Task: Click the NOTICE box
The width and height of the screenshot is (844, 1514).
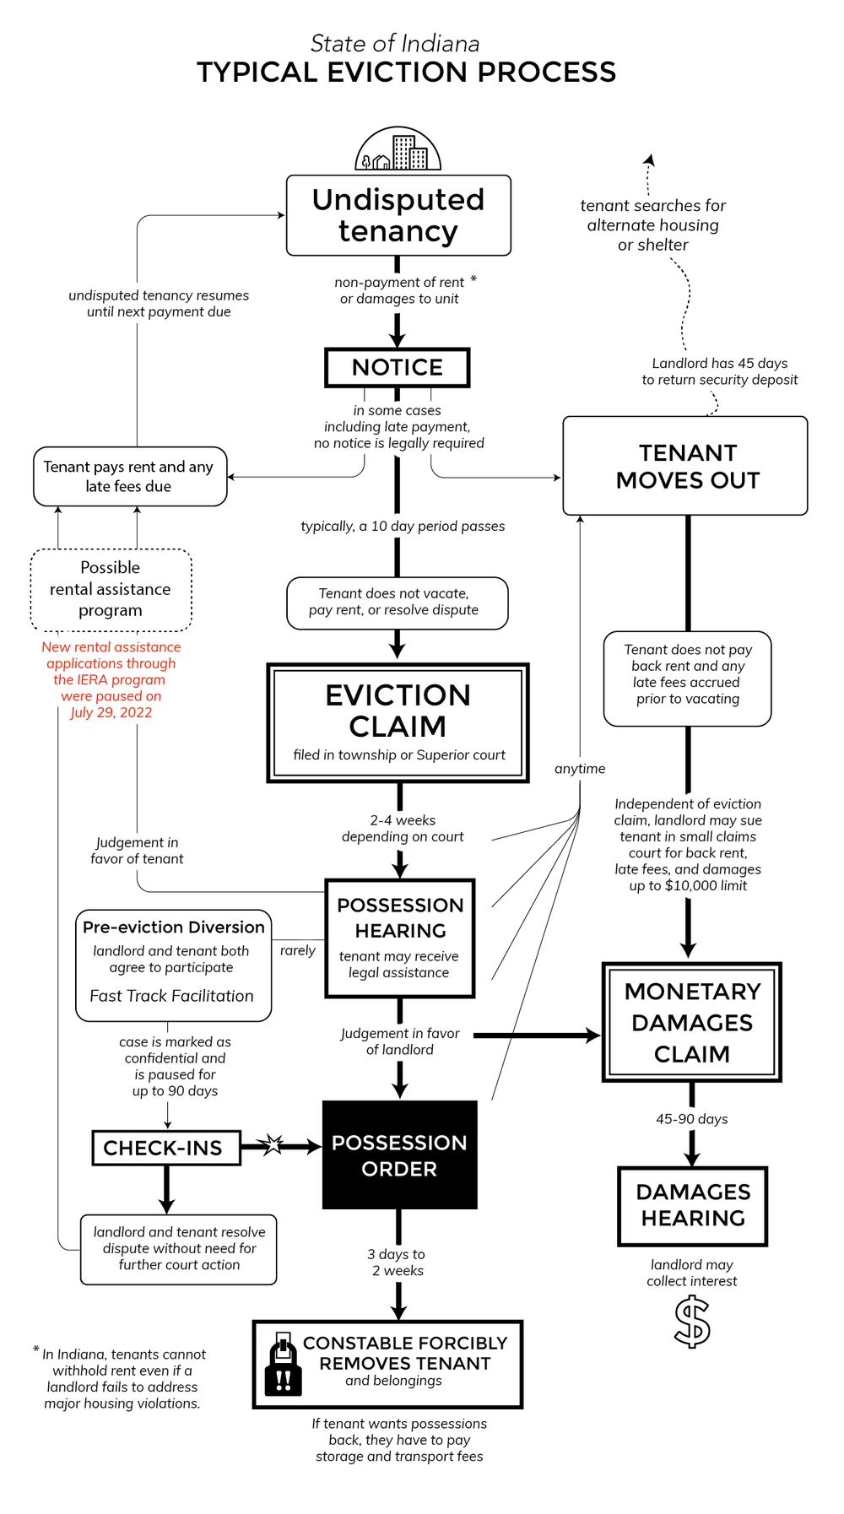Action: coord(397,367)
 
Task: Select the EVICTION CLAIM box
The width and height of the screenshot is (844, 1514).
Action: coord(398,722)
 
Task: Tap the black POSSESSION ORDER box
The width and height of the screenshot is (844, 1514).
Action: coord(399,1154)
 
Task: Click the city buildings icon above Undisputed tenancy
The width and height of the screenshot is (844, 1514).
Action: coord(398,150)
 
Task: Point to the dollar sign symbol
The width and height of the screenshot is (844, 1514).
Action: coord(692,1322)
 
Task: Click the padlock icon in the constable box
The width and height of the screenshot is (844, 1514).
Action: coord(284,1364)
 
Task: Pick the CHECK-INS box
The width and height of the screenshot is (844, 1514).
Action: coord(166,1148)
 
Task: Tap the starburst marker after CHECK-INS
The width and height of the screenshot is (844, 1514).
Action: coord(272,1145)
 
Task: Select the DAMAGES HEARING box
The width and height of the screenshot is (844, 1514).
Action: coord(692,1205)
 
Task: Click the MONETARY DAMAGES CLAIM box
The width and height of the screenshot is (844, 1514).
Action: coord(692,1022)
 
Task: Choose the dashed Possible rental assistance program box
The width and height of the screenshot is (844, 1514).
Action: coord(111,589)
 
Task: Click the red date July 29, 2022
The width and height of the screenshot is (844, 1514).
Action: coord(111,712)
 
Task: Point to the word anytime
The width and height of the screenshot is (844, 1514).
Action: coord(580,769)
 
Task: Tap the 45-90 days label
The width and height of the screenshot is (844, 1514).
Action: coord(691,1119)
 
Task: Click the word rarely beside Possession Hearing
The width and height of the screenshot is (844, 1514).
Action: coord(297,950)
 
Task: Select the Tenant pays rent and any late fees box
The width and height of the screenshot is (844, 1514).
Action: coord(129,477)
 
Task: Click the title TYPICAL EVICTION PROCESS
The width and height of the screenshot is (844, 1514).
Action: coord(406,73)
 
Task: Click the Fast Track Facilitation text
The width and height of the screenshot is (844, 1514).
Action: coord(171,996)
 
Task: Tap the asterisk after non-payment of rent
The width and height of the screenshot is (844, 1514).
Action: coord(473,278)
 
